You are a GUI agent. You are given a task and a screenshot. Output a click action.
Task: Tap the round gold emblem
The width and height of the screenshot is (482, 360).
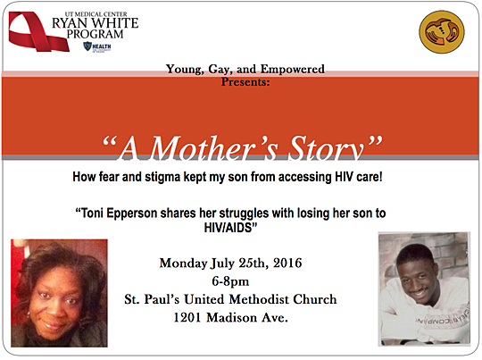(x=442, y=31)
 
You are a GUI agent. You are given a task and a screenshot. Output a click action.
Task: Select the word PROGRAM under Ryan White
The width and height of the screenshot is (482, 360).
(x=95, y=34)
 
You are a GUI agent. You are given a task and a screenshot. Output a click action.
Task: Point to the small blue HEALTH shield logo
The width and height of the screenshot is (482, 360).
(x=96, y=46)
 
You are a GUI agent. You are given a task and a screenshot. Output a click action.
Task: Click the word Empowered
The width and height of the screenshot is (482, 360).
(x=293, y=69)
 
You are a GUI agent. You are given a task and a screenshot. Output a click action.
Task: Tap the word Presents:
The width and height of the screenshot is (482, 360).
(x=245, y=82)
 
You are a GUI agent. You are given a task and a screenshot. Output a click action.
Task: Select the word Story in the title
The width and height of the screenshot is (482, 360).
(x=327, y=148)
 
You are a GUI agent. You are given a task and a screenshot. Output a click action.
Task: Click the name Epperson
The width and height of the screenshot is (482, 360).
(x=131, y=213)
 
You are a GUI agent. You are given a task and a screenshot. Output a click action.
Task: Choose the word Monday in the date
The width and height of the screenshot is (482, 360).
(x=183, y=264)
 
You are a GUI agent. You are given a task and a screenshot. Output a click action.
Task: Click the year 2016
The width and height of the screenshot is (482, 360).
(x=287, y=263)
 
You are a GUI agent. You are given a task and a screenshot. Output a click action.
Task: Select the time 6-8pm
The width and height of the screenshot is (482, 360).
(x=230, y=281)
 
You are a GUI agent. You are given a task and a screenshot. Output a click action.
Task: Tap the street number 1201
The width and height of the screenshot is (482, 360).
(x=187, y=317)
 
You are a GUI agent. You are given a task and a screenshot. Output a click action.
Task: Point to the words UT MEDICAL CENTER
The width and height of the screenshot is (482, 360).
(x=96, y=14)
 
